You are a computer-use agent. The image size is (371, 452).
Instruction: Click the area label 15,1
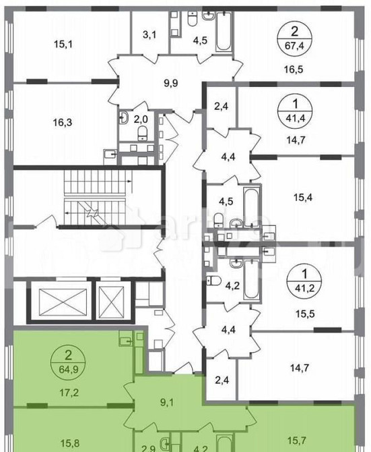pos(64,45)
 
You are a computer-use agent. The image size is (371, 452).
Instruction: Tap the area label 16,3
pos(64,123)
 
